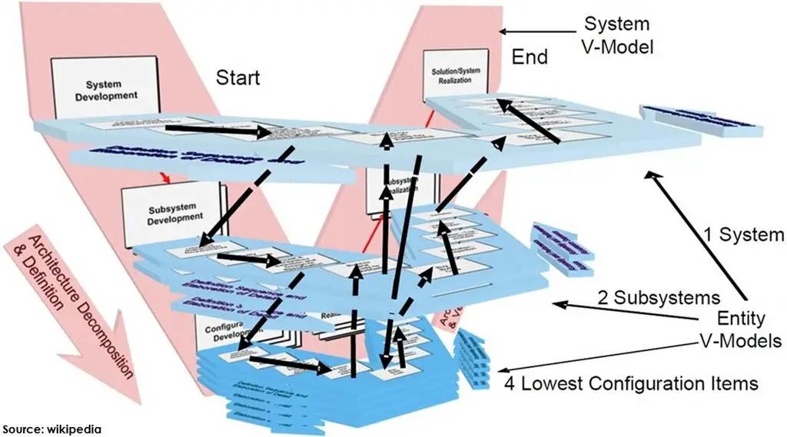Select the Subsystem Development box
click(x=171, y=213)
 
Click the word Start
click(x=237, y=78)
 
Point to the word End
click(x=530, y=58)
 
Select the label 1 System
click(x=743, y=233)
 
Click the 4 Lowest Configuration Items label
click(x=632, y=382)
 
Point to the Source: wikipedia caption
click(x=51, y=429)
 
